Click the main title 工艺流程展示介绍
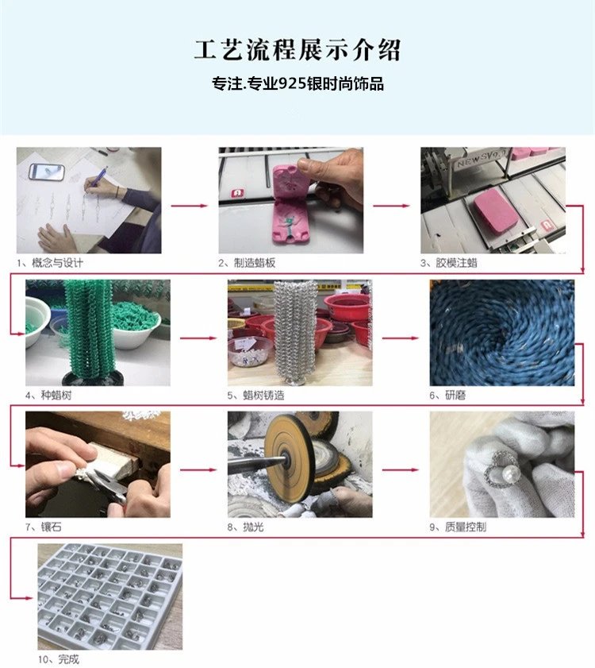point(297,50)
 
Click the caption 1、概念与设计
point(50,263)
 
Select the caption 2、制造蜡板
point(247,263)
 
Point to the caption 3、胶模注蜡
point(449,263)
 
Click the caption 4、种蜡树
point(48,396)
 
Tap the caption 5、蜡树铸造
point(255,396)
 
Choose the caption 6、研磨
point(447,396)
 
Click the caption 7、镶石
point(44,527)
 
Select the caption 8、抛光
point(246,527)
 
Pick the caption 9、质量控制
point(458,527)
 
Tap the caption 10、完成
point(59,659)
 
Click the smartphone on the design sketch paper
point(47,172)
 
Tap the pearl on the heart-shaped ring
point(512,473)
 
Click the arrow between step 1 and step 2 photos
point(190,206)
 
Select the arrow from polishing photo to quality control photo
point(401,470)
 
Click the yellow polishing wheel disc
point(290,458)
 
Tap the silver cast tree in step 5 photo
point(294,332)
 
